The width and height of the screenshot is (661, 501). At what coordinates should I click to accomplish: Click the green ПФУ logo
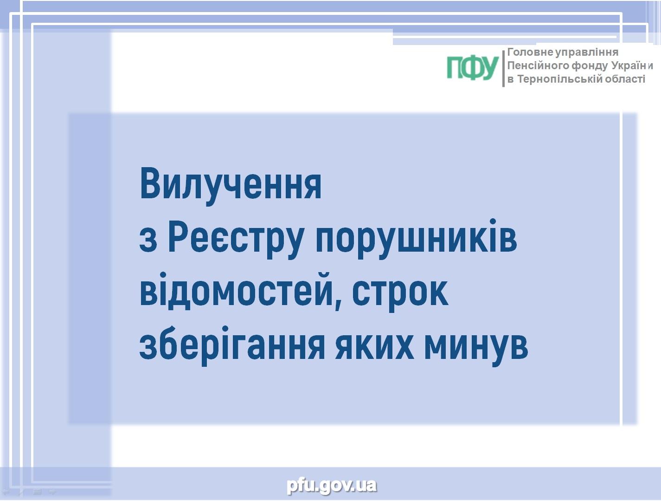tap(472, 68)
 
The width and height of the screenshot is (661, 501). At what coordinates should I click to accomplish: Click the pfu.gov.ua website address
tap(332, 486)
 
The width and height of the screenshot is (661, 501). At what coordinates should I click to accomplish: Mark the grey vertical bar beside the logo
tap(503, 68)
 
